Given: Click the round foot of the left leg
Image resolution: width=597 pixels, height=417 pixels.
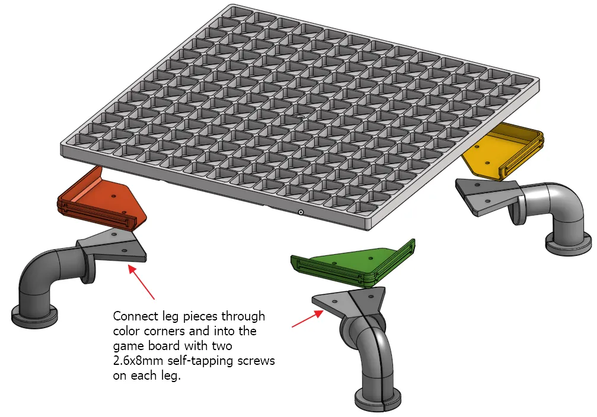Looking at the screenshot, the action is point(34,315).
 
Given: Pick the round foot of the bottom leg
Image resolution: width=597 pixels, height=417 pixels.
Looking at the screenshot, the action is point(378,399).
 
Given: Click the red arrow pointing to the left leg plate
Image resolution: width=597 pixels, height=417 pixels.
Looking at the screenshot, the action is point(141,282).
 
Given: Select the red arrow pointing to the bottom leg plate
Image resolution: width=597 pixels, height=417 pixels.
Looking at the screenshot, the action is point(308,319).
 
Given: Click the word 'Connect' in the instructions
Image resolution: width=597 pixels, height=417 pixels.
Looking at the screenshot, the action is point(136,316).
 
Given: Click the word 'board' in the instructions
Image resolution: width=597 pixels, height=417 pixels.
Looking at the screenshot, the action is point(164,346).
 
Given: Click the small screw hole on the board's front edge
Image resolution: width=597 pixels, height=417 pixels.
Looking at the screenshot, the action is point(301,212).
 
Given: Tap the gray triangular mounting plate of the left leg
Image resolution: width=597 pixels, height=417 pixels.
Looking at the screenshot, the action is point(112,245).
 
